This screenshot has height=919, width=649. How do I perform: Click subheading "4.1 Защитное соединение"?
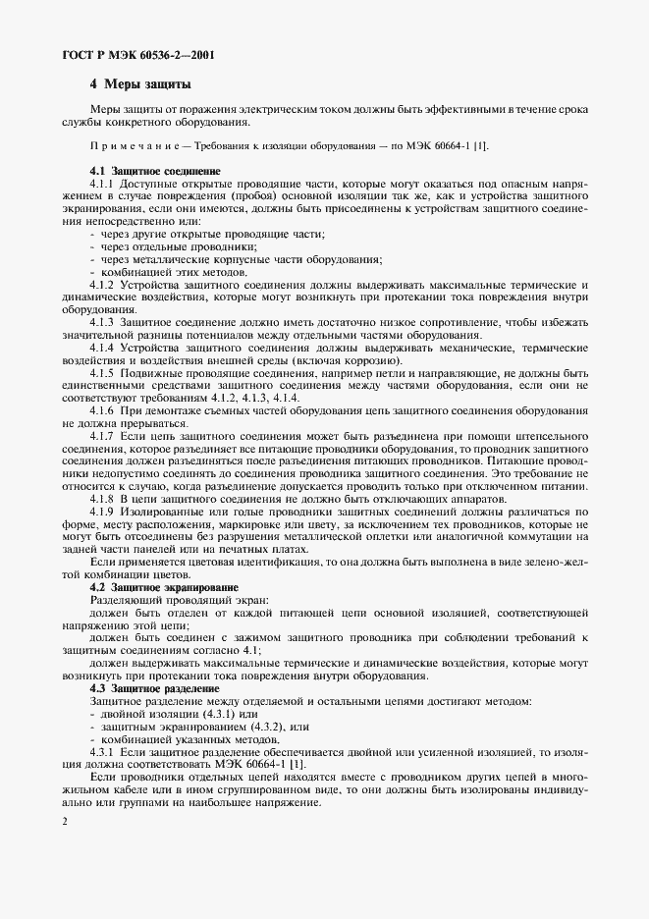[154, 172]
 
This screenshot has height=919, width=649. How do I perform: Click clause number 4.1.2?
[103, 285]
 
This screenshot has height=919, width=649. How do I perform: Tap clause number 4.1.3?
[103, 322]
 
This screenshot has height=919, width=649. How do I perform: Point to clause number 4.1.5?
[103, 373]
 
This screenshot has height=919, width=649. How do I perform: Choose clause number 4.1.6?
[103, 411]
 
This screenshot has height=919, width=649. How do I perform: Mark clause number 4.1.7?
[103, 437]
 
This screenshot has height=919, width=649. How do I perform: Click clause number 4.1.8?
[103, 499]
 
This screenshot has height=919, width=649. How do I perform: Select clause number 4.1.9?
[103, 512]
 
